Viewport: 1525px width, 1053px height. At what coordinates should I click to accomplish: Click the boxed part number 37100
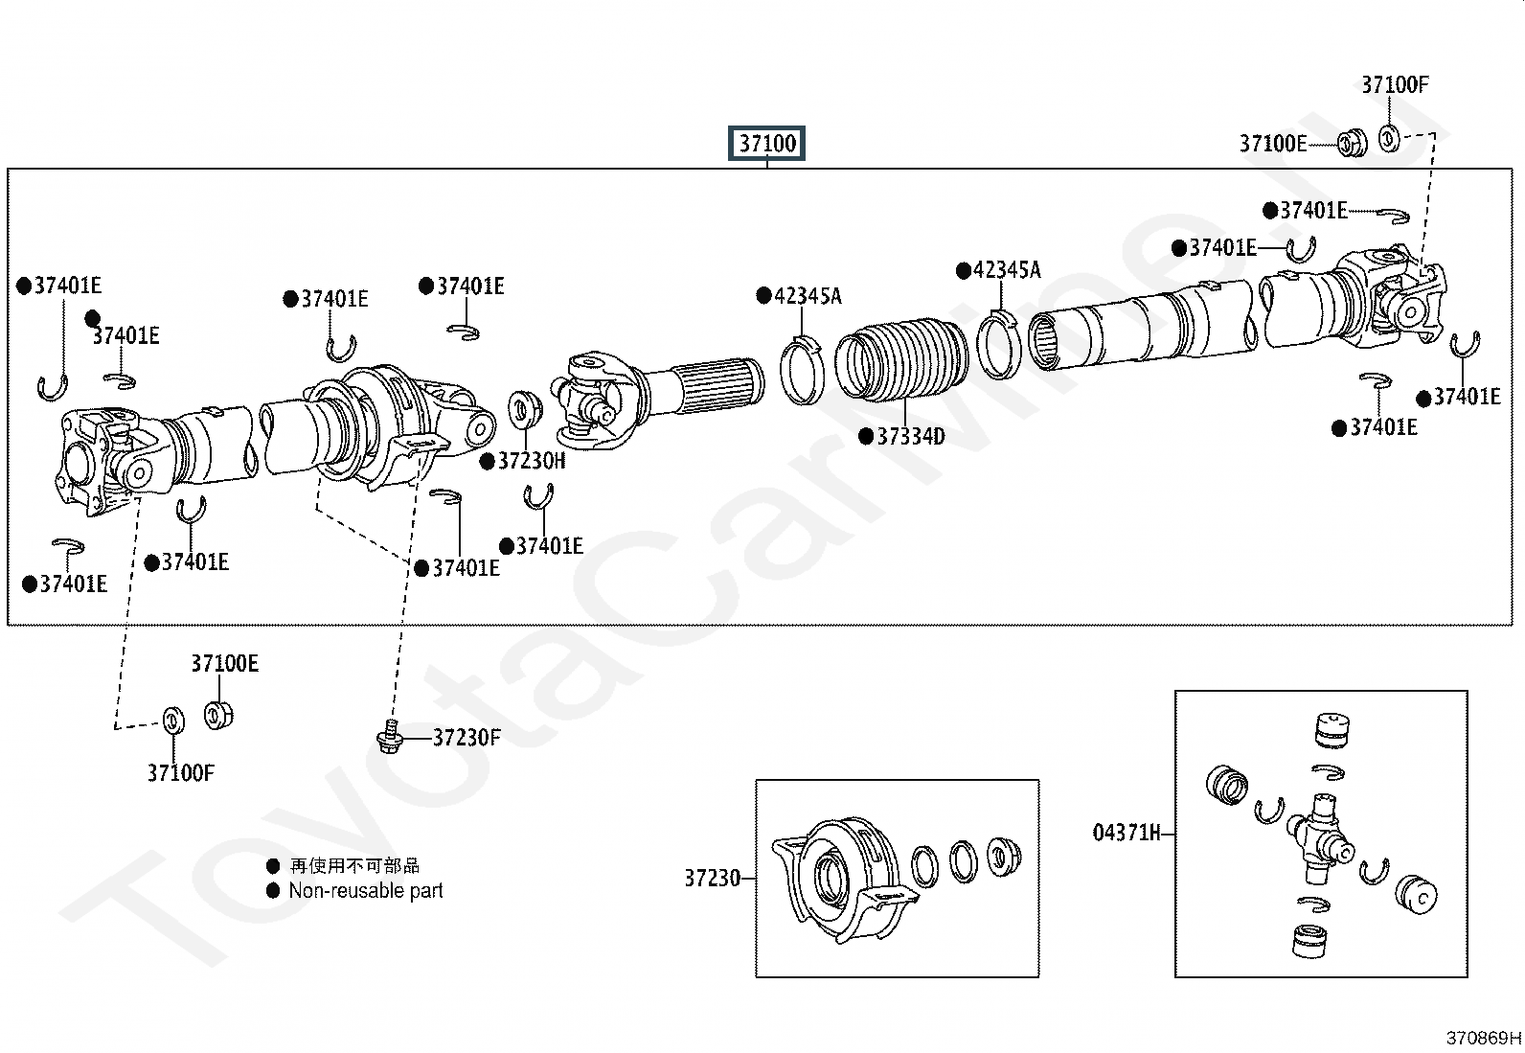(766, 143)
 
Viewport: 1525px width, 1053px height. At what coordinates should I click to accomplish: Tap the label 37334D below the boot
(911, 436)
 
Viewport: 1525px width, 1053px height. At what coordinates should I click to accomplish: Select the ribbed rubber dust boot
(902, 359)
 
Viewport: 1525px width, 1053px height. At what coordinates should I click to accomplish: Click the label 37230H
(532, 461)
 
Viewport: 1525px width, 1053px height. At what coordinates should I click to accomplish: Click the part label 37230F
(467, 738)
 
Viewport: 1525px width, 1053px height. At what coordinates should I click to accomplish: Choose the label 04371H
(1127, 833)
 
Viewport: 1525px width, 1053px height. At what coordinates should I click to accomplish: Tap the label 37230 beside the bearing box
(712, 879)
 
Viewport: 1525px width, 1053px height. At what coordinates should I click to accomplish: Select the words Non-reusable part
(366, 891)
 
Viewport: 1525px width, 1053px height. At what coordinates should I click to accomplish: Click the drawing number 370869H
(1484, 1038)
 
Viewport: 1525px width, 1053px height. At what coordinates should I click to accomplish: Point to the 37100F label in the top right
(1395, 85)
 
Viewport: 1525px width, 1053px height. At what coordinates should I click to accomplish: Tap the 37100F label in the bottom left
(180, 773)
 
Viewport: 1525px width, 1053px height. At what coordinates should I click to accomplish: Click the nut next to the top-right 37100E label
(1352, 143)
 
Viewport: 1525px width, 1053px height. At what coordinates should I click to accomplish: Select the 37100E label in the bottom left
(225, 663)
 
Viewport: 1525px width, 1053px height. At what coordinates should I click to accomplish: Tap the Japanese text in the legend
(354, 866)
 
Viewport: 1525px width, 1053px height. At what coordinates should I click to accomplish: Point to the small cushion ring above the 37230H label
(525, 409)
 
